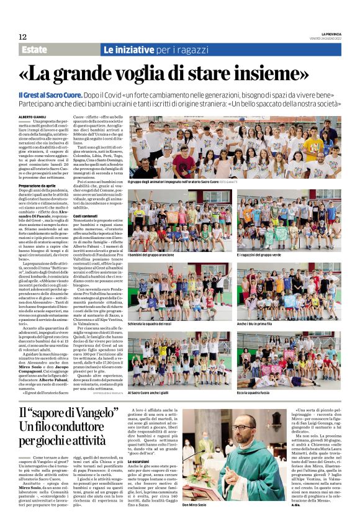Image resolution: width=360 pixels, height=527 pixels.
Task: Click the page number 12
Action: (x=23, y=37)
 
